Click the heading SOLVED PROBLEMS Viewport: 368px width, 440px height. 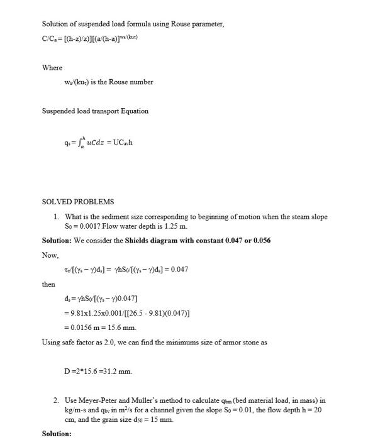(78, 202)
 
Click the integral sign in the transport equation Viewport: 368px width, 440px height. (73, 141)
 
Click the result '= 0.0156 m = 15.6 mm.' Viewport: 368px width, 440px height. (100, 327)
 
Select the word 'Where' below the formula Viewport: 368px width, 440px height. (52, 67)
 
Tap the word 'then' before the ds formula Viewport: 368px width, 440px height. (48, 284)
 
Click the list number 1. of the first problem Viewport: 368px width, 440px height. (57, 217)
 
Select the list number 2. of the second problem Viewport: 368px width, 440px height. (57, 400)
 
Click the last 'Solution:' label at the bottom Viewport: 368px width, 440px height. (57, 434)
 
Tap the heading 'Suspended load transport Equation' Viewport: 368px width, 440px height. (95, 111)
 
